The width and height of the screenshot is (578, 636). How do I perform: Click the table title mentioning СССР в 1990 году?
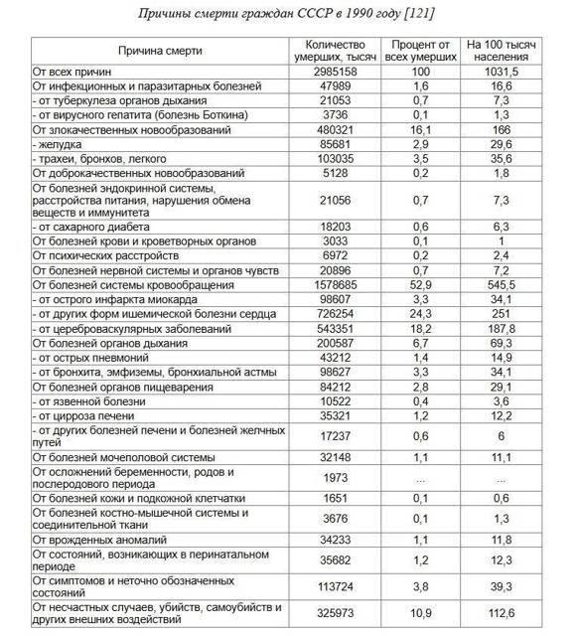click(x=288, y=13)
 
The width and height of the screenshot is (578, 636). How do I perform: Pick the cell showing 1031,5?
click(x=507, y=73)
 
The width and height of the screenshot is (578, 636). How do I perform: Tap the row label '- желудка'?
click(x=59, y=145)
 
